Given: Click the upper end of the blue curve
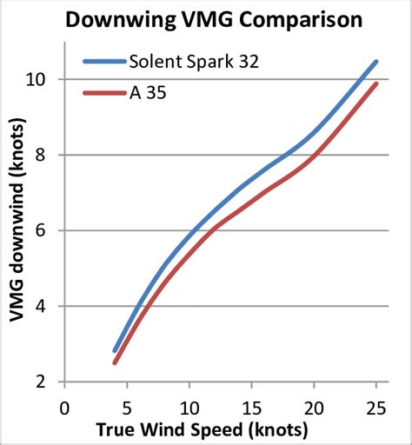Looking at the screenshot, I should [x=375, y=62].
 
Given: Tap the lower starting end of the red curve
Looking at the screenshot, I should [x=115, y=362].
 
